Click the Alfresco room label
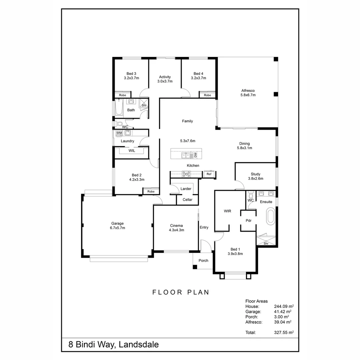pos(248,92)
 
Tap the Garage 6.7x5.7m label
pos(117,226)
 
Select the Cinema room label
pos(176,228)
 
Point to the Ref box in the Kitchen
pos(209,174)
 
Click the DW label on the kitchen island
pos(196,155)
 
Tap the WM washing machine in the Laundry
pos(119,133)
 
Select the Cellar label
pos(187,200)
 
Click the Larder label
pos(186,189)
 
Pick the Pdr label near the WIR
pos(248,221)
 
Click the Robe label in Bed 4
pos(207,95)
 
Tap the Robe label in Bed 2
pos(151,192)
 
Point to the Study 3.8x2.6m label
pos(255,176)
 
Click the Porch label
pos(203,261)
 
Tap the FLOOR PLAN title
pos(181,292)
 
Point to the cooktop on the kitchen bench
pos(186,174)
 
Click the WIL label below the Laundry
pos(132,151)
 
